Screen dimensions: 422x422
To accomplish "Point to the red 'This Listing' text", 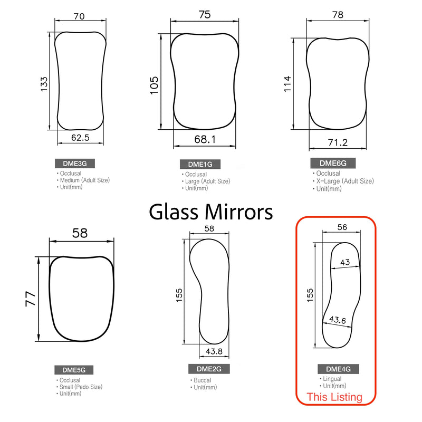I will point(335,397).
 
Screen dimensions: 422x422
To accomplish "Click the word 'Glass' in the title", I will point(180,212).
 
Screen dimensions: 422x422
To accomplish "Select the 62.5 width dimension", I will point(80,138).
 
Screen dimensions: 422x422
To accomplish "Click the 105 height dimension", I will point(154,84).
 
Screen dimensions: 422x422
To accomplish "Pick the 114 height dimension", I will point(287,83).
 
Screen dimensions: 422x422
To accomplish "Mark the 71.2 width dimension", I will point(338,142).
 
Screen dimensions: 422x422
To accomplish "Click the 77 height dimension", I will point(31,299).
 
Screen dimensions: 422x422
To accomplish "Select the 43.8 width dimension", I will point(214,351).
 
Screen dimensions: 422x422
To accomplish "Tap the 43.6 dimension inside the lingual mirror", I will point(338,320).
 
